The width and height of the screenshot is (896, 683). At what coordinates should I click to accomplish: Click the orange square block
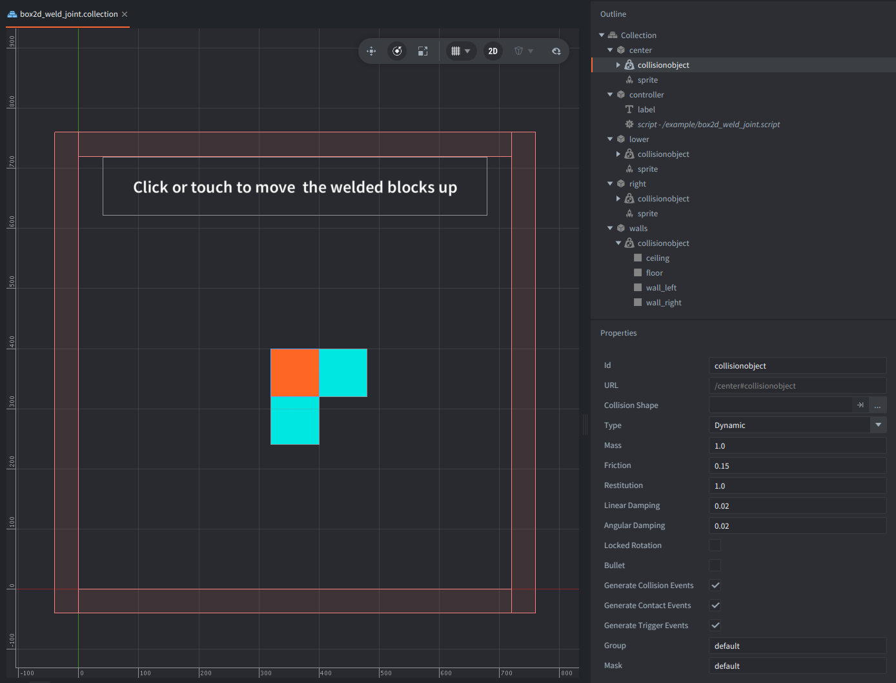point(295,372)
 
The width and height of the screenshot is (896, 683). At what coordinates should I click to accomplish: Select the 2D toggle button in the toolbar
point(493,51)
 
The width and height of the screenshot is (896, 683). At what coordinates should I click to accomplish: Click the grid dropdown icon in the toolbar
point(460,51)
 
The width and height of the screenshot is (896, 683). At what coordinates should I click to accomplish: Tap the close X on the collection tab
point(125,14)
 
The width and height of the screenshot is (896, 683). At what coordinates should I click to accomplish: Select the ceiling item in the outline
point(657,258)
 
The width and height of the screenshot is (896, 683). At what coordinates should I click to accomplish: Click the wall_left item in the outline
point(661,288)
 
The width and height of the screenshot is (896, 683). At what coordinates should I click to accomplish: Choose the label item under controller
point(646,109)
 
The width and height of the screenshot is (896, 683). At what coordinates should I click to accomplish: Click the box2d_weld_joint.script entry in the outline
point(708,125)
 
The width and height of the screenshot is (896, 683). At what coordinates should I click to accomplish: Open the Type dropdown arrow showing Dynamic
point(878,425)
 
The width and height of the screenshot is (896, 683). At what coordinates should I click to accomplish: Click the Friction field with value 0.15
point(797,466)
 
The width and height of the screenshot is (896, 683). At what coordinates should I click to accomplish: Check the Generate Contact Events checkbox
point(715,606)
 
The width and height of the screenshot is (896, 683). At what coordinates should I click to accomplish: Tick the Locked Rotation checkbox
point(715,545)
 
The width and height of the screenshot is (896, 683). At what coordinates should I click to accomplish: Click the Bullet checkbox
point(715,566)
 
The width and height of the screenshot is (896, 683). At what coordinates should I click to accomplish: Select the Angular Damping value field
point(797,526)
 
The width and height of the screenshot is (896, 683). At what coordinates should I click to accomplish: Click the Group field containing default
point(797,646)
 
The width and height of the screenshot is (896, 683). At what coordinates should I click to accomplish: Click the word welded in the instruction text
point(356,187)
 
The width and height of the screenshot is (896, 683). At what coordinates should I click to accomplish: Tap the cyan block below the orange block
point(295,420)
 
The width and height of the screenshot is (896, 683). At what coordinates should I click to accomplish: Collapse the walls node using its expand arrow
point(610,229)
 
